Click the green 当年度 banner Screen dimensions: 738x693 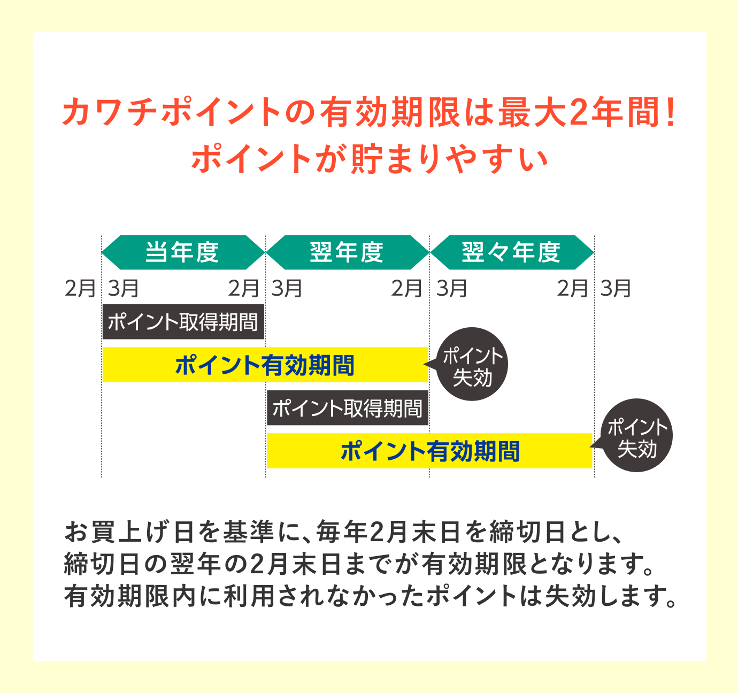183,252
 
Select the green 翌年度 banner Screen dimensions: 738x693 348,252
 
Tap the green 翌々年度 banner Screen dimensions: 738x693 512,252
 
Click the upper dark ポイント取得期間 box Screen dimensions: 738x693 183,322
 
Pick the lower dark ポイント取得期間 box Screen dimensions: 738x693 348,407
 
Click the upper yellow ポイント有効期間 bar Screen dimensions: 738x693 265,365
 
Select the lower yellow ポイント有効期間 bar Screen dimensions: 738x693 429,451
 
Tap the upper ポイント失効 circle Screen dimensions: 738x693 471,364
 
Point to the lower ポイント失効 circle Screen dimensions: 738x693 636,435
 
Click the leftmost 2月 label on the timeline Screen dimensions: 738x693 80,288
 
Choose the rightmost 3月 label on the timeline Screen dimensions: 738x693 616,288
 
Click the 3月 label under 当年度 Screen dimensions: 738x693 124,288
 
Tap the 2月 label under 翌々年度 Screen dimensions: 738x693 572,288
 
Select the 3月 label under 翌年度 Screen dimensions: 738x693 287,288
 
